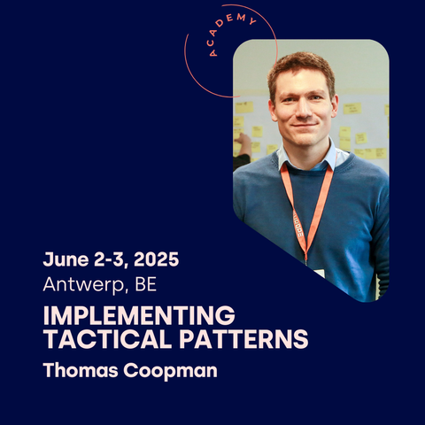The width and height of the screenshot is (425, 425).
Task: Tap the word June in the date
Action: tap(66, 259)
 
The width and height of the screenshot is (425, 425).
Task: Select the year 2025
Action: tap(157, 259)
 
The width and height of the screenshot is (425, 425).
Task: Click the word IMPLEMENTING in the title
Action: tap(139, 315)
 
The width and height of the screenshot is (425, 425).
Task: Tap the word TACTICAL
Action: tap(108, 338)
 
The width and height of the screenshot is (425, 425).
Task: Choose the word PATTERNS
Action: tap(243, 338)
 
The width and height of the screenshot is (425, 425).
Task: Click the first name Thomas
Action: tap(81, 370)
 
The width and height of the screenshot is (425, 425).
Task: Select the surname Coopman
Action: tap(170, 371)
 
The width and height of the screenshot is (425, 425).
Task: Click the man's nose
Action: tap(304, 109)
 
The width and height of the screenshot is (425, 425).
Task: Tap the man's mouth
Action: tap(305, 125)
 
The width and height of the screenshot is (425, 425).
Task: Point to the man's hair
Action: tap(301, 69)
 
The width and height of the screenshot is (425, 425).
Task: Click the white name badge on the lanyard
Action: tap(319, 273)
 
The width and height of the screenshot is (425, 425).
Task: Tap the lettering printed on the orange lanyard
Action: tap(298, 227)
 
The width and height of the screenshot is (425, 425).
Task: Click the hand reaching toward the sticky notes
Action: tap(243, 143)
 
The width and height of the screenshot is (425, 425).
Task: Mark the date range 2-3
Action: tap(111, 259)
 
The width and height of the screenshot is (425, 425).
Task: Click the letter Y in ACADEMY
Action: tap(252, 21)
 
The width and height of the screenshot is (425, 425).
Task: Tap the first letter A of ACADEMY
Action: tap(212, 53)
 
